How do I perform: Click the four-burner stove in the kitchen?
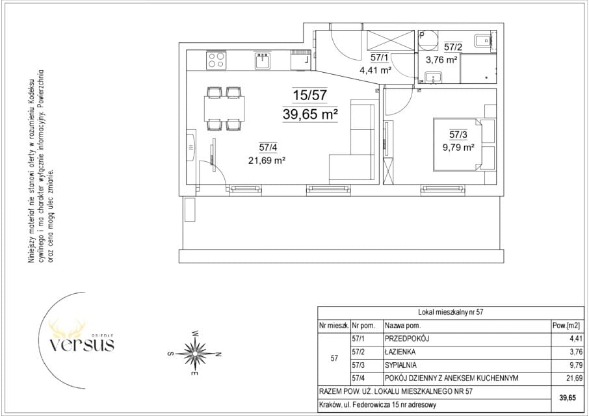216,60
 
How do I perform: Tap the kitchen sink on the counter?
263,60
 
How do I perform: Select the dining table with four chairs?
224,108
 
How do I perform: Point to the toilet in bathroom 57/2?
482,40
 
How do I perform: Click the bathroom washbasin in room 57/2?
434,78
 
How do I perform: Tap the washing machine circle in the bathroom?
428,40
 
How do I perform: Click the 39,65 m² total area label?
310,114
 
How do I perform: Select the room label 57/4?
268,148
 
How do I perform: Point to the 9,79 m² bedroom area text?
458,147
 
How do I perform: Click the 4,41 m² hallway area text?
376,70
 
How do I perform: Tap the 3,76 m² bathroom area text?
441,59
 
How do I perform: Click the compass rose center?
195,354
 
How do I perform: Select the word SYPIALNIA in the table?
401,365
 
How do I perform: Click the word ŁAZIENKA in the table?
400,352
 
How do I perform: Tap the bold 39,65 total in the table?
568,398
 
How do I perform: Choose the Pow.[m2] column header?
566,326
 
